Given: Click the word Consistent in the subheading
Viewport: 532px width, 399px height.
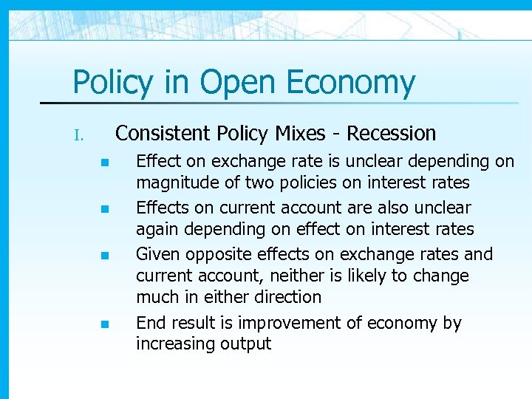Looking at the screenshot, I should [163, 134].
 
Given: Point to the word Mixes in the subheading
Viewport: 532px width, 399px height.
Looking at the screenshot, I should [299, 134].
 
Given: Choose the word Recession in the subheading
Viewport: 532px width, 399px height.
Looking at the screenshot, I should [392, 134].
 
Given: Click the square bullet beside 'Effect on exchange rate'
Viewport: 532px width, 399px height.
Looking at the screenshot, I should [105, 163].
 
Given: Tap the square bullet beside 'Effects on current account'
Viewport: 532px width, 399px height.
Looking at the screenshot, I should [105, 210].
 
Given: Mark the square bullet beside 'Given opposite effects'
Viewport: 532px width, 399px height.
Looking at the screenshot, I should [105, 256].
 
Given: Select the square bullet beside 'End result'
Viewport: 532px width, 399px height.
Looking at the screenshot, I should [105, 324].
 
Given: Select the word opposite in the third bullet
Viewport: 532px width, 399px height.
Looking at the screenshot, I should [215, 254].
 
